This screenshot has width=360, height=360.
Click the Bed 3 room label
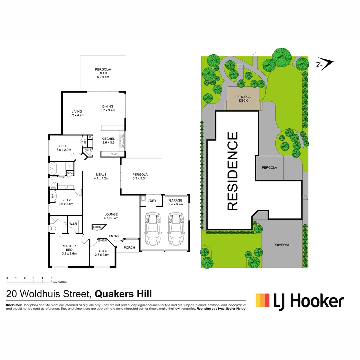coord(63,148)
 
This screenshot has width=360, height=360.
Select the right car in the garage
coord(175,229)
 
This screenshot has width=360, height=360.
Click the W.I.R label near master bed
coord(73,223)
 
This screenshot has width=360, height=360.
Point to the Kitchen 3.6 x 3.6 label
coord(109,141)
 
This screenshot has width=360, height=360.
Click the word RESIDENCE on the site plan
coord(232,171)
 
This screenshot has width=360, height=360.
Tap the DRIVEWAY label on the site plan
coord(282,245)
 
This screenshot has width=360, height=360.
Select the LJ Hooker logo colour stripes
coord(262,300)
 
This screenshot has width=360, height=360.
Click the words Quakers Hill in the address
coord(123,294)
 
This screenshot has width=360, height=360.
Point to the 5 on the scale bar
coord(51,278)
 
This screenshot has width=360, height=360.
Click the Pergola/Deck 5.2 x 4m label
coord(103,73)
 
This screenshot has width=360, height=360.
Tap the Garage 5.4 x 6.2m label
coord(176,202)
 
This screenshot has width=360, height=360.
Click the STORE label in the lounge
coord(97,227)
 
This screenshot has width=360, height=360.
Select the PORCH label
coord(129,247)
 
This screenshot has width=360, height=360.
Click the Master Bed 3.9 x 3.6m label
coord(69,250)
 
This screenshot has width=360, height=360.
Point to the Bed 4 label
coord(102,253)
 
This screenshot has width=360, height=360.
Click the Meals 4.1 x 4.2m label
coord(101,176)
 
